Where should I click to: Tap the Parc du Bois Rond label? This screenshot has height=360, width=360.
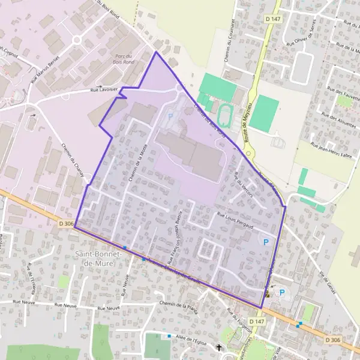(124, 59)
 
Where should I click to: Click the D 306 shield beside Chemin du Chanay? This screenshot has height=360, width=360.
(67, 224)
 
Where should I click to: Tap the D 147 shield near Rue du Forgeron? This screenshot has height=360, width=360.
(256, 322)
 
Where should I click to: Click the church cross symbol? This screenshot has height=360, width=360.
(219, 347)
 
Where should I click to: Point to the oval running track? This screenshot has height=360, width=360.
(226, 112)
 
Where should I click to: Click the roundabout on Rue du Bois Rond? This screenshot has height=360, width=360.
(76, 40)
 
